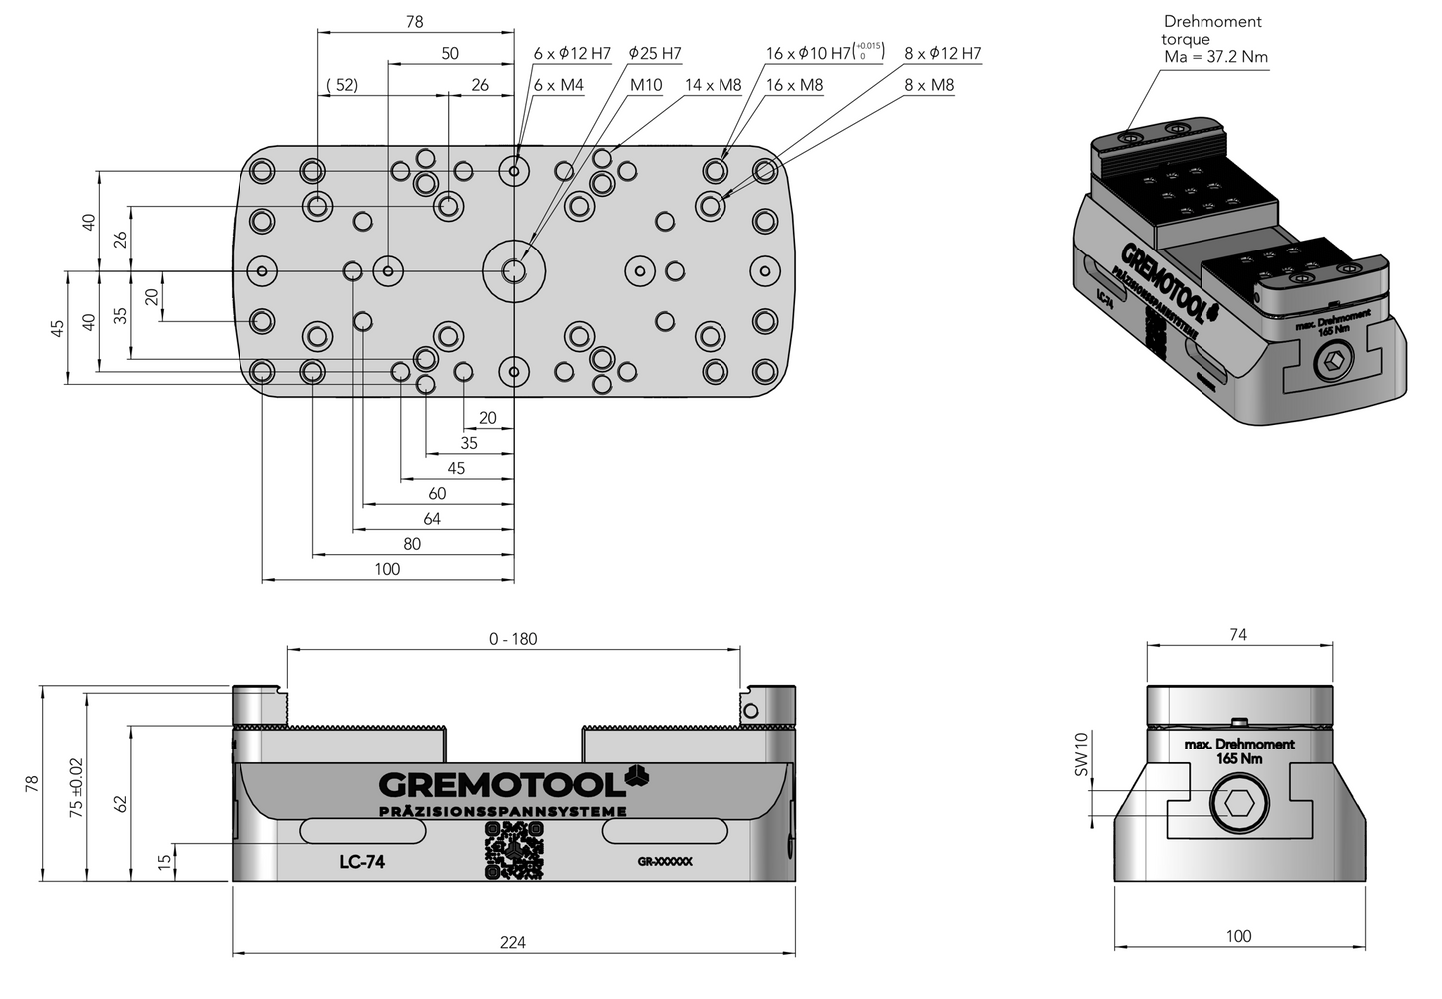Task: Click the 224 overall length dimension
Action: (x=513, y=942)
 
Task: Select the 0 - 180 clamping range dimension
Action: (x=513, y=639)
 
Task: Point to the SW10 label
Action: (x=1080, y=754)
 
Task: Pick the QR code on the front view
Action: (x=514, y=854)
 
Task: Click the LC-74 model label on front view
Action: (x=361, y=862)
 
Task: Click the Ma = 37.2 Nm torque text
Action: (x=1215, y=57)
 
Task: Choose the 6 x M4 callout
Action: (x=558, y=85)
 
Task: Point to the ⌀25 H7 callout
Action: (x=655, y=53)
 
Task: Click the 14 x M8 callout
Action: (x=713, y=85)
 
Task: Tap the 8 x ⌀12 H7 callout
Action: (x=942, y=53)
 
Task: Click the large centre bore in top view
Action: (x=514, y=270)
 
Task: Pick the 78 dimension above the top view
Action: (x=415, y=21)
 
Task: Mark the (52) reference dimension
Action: (x=342, y=85)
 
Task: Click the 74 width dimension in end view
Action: (x=1237, y=635)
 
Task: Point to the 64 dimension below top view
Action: (x=431, y=519)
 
